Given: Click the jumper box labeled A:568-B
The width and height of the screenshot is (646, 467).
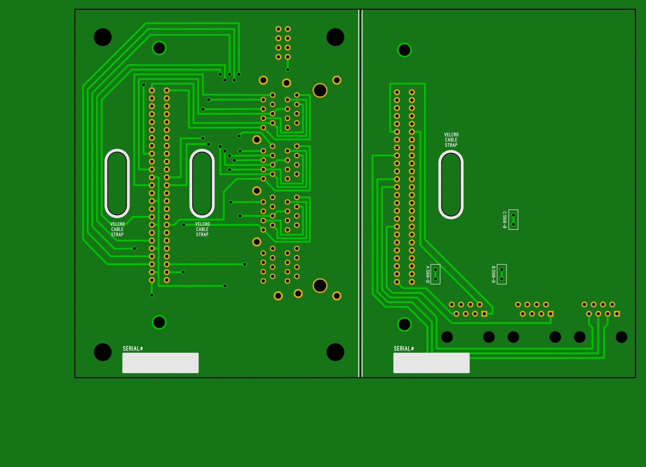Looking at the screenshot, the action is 435,274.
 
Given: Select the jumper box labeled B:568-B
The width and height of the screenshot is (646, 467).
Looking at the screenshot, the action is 502,274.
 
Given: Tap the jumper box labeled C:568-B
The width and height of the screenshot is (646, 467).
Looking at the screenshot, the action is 513,220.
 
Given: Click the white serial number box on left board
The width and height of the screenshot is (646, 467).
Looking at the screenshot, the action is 160,363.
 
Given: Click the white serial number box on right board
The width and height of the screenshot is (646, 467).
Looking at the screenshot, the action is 431,363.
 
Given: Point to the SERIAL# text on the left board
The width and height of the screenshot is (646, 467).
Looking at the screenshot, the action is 133,349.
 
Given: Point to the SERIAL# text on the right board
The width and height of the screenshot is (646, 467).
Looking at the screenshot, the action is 404,349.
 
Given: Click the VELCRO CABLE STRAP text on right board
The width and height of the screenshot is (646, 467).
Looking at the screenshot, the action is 451,140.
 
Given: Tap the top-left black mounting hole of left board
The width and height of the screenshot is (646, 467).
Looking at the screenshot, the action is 103,37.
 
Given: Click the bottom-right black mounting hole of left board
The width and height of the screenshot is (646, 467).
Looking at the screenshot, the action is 335,352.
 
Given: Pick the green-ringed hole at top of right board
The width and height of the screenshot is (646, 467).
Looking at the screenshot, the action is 404,50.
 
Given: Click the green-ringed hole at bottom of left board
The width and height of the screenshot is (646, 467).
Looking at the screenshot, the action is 159,322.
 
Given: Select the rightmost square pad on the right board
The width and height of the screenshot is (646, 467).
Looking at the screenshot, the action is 617,314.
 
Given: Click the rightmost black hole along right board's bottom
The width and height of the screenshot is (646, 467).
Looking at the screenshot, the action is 621,337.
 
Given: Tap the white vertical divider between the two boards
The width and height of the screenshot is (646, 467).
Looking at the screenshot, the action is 360,193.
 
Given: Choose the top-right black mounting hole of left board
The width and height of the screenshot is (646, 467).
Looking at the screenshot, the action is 335,37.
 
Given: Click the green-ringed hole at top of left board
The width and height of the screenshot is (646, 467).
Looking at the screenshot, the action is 159,48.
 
